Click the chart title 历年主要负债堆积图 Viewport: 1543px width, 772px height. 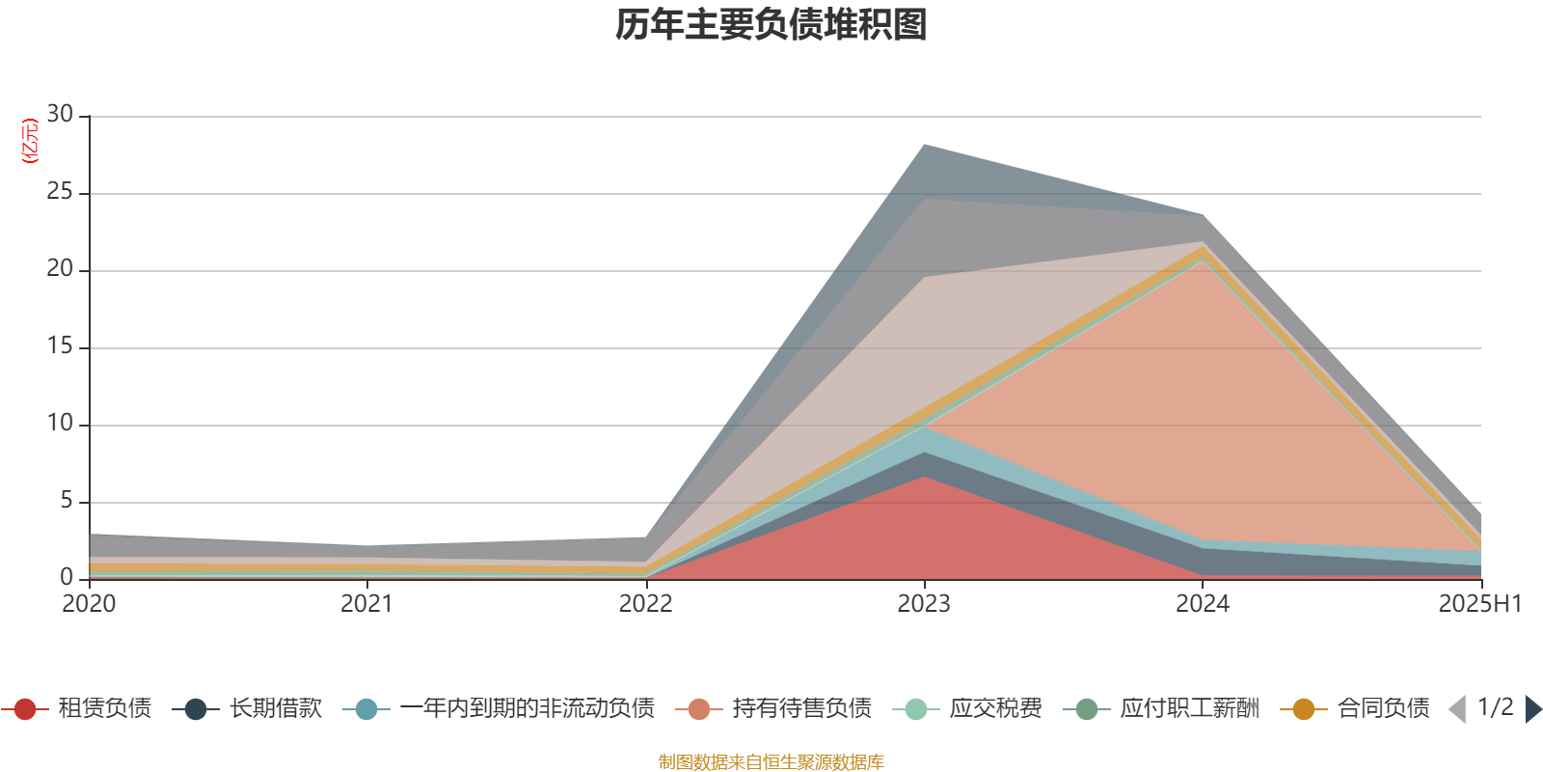pos(771,25)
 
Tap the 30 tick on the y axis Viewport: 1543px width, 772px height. pos(60,115)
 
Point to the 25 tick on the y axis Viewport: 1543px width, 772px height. pos(60,192)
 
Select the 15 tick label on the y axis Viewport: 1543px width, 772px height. pos(60,346)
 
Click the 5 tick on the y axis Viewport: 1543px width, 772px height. pos(67,501)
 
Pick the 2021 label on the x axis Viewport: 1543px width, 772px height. pos(367,604)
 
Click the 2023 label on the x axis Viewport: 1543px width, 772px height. pos(924,604)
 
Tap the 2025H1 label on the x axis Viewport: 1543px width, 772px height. pos(1478,604)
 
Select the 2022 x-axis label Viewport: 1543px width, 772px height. pos(645,604)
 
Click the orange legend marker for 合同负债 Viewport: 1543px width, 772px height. pos(1304,709)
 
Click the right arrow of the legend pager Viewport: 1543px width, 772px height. pos(1532,709)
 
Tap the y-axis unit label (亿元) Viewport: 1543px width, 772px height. pos(29,141)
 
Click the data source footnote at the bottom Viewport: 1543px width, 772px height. pos(771,762)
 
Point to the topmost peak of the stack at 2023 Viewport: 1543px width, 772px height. pos(924,145)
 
